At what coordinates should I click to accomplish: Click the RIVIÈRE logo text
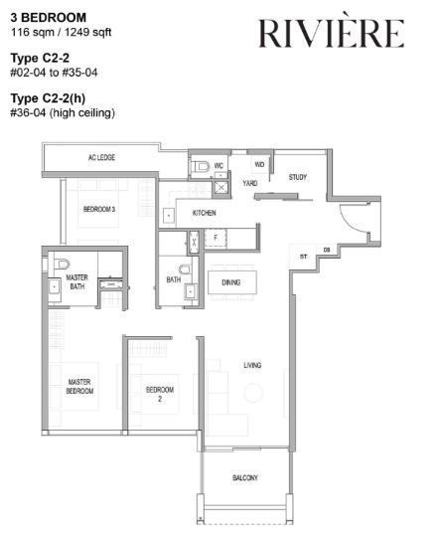(331, 33)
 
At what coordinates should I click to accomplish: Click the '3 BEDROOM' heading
(49, 17)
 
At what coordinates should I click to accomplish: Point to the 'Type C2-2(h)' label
(48, 98)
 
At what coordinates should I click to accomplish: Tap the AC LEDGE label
(101, 157)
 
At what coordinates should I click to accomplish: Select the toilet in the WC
(201, 167)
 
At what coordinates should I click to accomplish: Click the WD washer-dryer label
(259, 164)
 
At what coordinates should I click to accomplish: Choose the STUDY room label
(298, 177)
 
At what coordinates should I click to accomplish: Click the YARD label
(250, 183)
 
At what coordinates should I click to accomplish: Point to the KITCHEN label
(205, 213)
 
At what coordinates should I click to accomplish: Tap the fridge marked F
(216, 238)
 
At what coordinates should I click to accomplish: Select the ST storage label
(303, 257)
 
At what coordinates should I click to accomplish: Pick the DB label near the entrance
(327, 251)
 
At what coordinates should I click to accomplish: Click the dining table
(232, 282)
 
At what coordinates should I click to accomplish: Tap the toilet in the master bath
(63, 264)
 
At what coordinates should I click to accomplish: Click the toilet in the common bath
(185, 269)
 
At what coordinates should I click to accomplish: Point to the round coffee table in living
(253, 393)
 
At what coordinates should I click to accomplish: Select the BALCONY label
(245, 477)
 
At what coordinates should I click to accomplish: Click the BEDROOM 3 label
(99, 209)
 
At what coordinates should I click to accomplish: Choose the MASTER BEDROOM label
(79, 386)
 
